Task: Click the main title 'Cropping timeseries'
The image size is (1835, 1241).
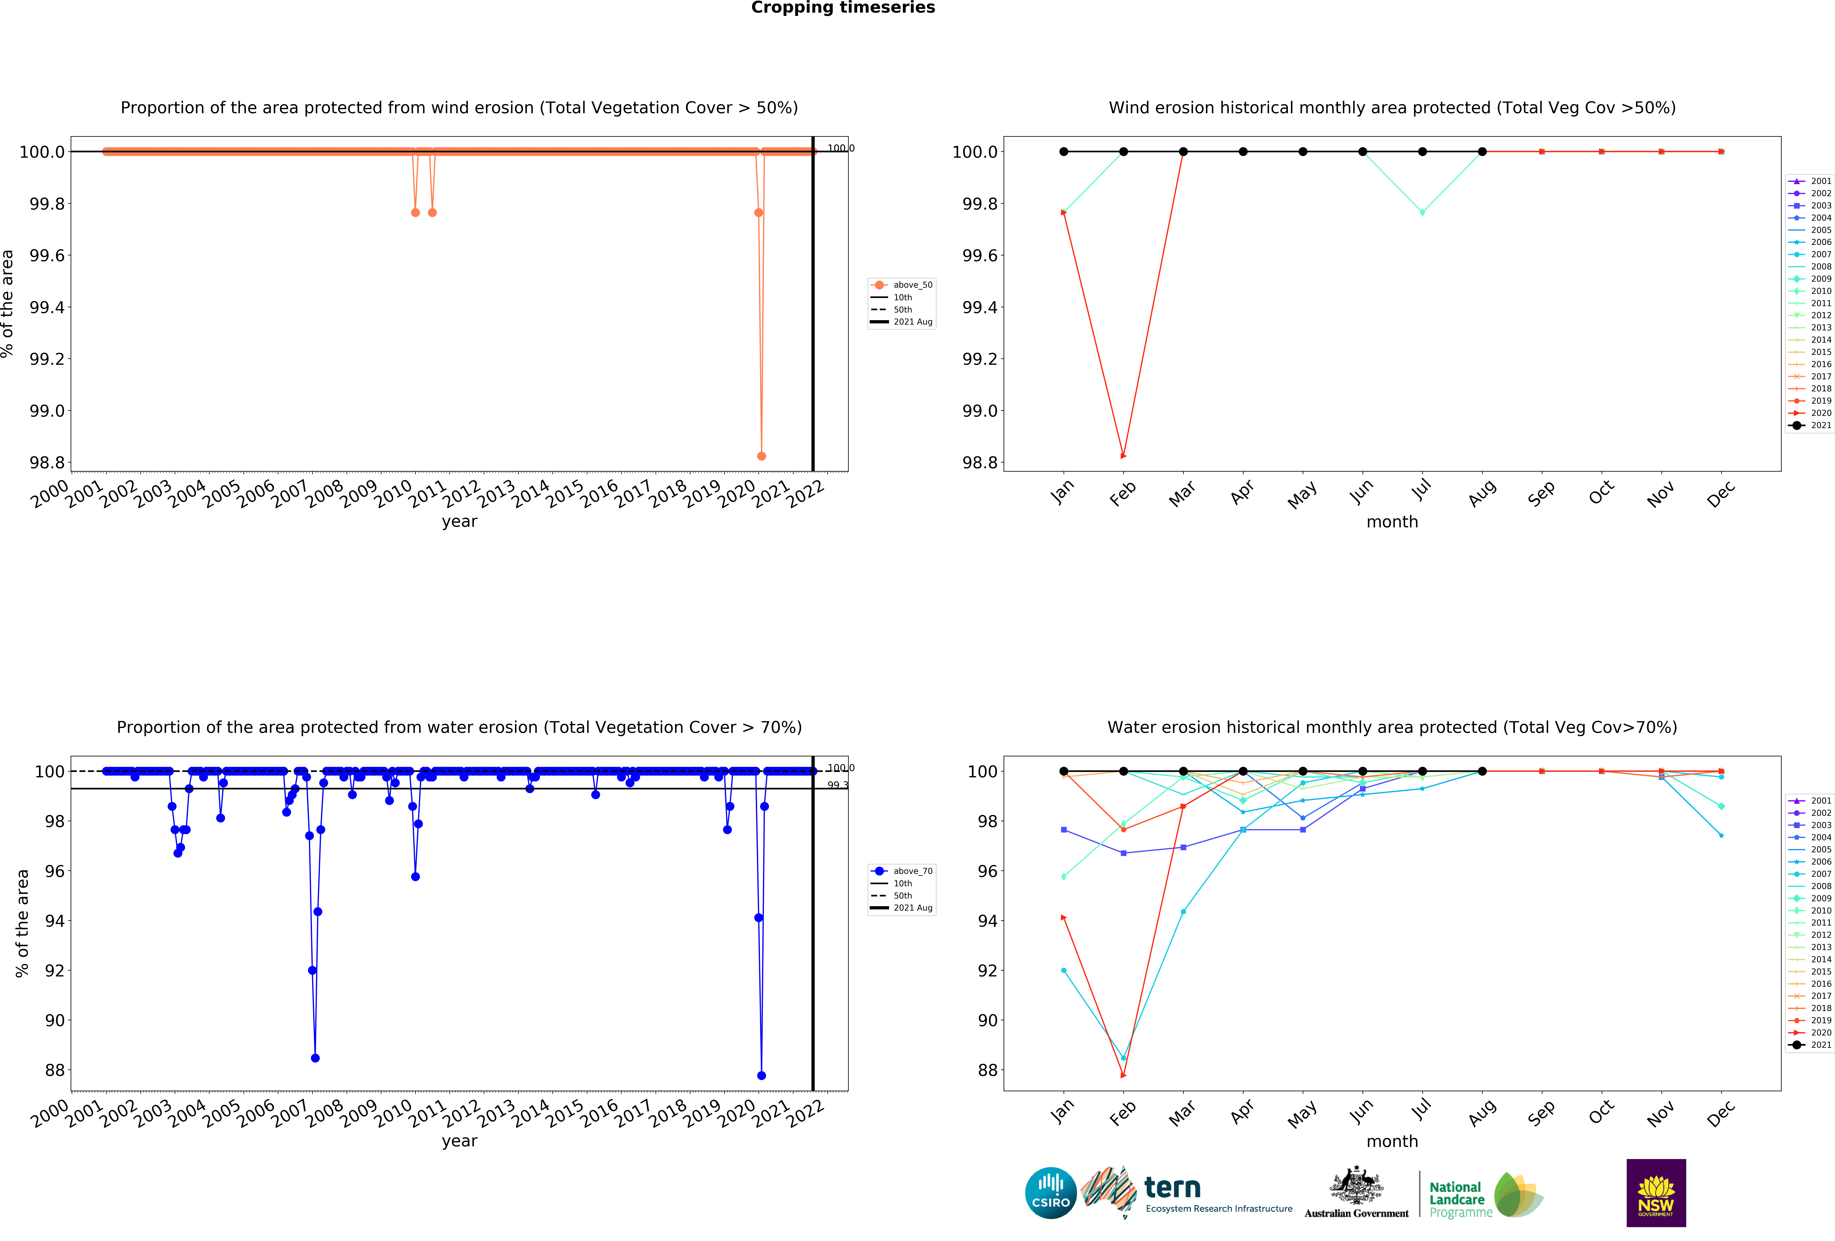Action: (x=842, y=8)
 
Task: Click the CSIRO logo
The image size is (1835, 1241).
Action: (x=1050, y=1193)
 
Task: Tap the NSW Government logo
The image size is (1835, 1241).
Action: (x=1656, y=1193)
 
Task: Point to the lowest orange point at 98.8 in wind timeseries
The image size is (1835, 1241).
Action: (x=761, y=456)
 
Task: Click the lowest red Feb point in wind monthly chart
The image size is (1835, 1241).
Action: (x=1123, y=456)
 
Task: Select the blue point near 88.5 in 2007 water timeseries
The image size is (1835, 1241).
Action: (x=315, y=1058)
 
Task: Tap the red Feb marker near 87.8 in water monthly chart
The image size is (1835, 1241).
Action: (x=1123, y=1075)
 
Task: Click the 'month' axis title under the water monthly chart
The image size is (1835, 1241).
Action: (x=1392, y=1142)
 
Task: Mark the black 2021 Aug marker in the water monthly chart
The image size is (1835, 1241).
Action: (x=1482, y=771)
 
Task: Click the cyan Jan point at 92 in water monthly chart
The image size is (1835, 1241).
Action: (x=1064, y=970)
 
